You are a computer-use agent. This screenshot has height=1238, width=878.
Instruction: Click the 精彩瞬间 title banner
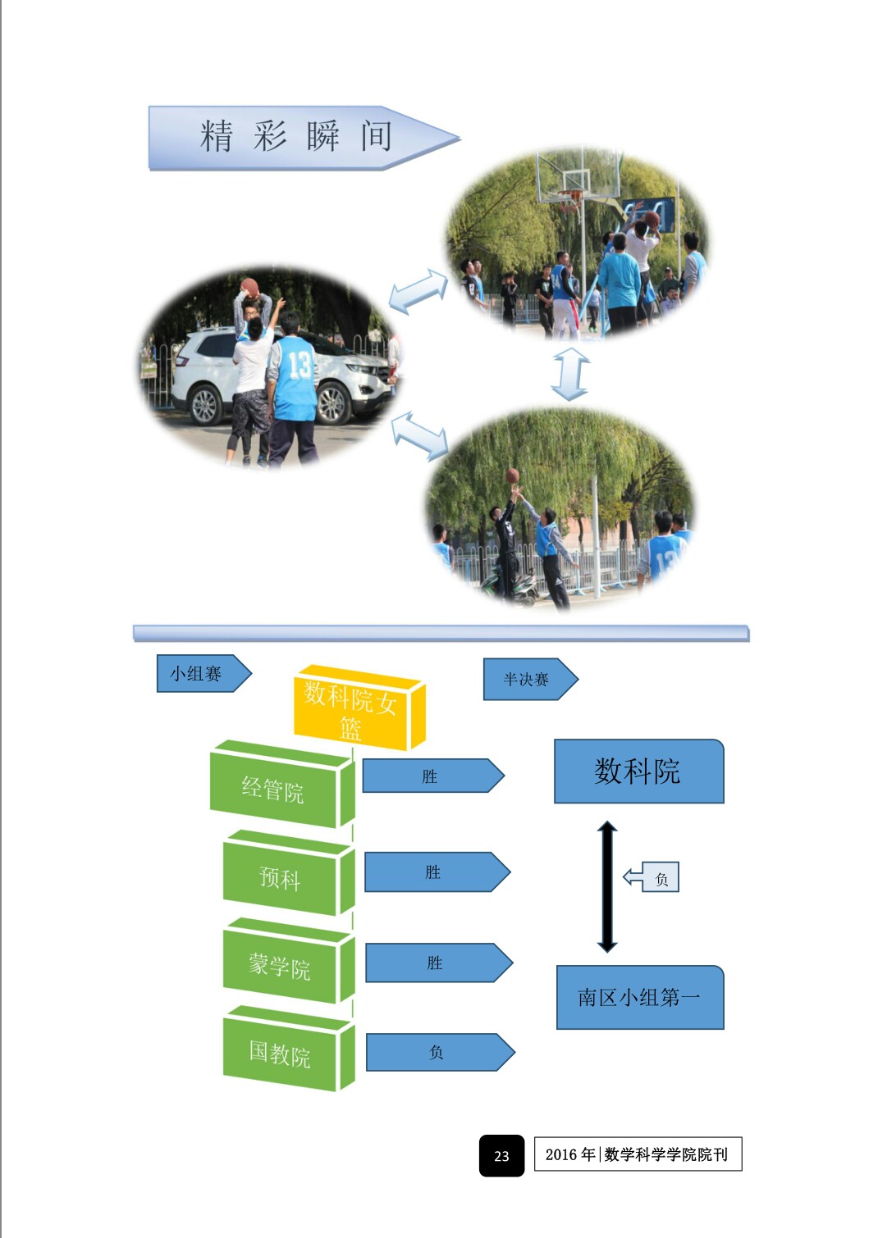[x=295, y=137]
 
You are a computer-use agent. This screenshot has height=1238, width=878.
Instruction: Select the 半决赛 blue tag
[x=528, y=679]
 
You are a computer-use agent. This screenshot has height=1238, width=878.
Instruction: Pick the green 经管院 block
[x=274, y=790]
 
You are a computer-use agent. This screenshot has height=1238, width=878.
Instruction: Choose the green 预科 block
[x=281, y=878]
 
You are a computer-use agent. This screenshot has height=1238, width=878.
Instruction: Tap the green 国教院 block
[x=281, y=1054]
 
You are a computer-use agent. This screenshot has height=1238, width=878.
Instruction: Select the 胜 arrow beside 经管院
[x=432, y=776]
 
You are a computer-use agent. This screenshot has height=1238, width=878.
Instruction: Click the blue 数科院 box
[x=638, y=771]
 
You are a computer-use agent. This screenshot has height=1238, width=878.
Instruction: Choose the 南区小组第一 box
[x=639, y=997]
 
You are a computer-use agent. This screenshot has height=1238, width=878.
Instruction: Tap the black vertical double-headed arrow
[x=607, y=886]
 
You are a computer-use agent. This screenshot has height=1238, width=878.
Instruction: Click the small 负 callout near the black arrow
[x=659, y=878]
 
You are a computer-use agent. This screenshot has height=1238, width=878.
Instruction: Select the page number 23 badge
[x=501, y=1155]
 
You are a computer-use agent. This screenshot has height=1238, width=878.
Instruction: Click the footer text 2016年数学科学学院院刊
[x=638, y=1154]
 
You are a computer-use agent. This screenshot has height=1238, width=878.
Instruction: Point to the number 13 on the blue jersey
[x=300, y=365]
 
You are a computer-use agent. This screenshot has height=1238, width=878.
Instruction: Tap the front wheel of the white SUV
[x=333, y=404]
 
